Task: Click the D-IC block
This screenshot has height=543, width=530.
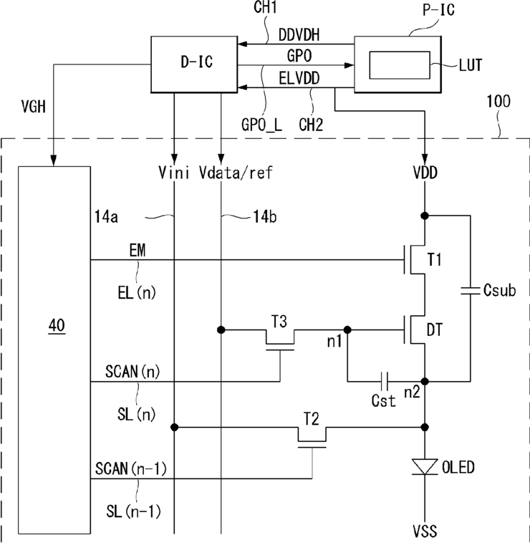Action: click(x=194, y=64)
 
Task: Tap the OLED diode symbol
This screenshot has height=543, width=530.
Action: click(x=425, y=467)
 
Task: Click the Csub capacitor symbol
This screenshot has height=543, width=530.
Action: click(x=470, y=291)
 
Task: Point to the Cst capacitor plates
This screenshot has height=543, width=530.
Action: click(x=384, y=381)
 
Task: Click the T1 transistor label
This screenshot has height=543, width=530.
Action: click(x=435, y=259)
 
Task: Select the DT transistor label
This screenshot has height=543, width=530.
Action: click(x=435, y=330)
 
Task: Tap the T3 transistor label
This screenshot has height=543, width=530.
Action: click(x=279, y=322)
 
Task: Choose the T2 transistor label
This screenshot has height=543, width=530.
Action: click(x=312, y=419)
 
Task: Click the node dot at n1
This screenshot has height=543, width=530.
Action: click(x=347, y=330)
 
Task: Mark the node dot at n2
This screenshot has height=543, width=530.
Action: click(x=425, y=382)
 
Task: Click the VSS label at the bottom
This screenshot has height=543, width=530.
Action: click(x=425, y=531)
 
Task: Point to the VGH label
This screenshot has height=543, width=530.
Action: click(x=33, y=106)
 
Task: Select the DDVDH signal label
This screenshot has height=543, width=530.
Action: click(x=299, y=35)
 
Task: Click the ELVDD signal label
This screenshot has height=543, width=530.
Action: click(x=299, y=79)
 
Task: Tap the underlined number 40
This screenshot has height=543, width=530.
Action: click(x=57, y=325)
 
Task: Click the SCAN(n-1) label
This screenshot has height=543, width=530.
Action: click(x=131, y=468)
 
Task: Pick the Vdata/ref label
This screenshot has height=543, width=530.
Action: click(x=236, y=173)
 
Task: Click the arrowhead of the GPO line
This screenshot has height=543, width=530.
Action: click(x=350, y=65)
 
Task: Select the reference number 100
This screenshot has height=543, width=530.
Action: click(x=498, y=101)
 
